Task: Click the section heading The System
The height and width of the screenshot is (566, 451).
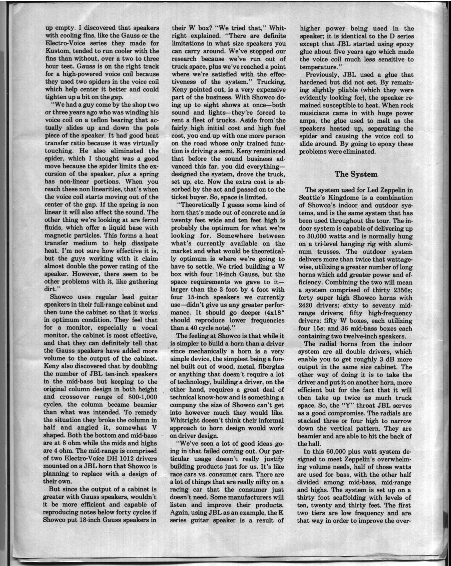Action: (356, 174)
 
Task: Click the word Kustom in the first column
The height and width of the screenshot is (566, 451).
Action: (56, 51)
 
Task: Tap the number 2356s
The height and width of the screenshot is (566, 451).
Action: (401, 290)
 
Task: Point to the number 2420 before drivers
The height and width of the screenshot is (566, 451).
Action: (306, 305)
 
